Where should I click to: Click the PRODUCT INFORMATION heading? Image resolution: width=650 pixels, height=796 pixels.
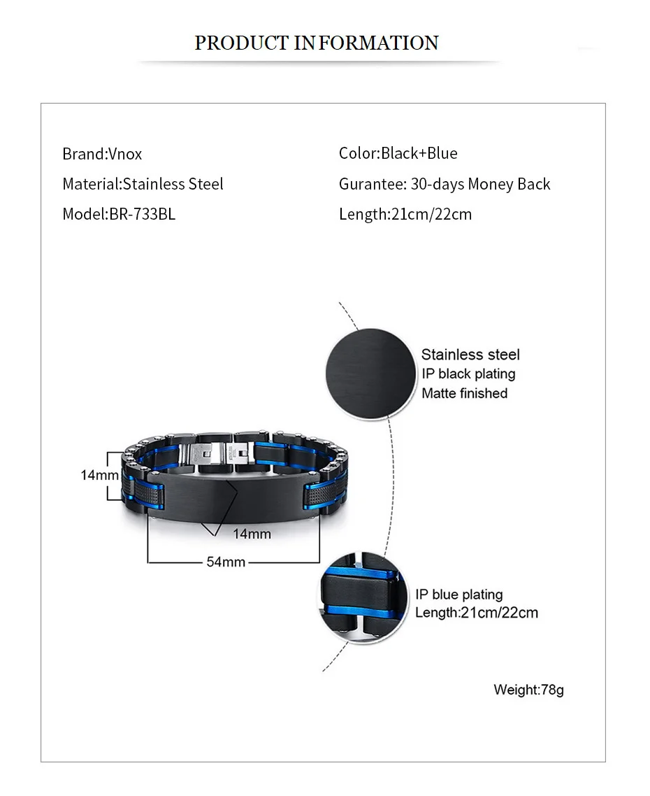click(316, 43)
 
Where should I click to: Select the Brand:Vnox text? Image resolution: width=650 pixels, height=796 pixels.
click(102, 154)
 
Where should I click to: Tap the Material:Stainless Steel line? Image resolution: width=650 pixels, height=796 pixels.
click(143, 184)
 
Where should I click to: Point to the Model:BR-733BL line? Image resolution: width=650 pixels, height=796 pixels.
click(119, 214)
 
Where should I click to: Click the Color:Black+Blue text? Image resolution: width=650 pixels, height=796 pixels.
click(398, 153)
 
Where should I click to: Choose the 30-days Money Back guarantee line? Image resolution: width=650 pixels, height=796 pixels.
click(445, 184)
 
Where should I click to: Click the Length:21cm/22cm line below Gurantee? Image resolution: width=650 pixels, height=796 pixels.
click(405, 214)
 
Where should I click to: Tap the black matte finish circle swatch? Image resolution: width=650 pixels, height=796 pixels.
click(368, 374)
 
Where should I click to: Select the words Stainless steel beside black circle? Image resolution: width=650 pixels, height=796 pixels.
click(470, 355)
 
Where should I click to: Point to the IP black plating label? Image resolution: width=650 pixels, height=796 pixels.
click(468, 374)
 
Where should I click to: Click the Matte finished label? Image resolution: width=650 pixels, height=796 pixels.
click(464, 393)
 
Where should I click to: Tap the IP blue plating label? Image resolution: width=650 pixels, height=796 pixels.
click(459, 595)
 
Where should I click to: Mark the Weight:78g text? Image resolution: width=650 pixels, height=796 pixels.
click(528, 690)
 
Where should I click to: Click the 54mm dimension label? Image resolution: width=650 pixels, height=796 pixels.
click(226, 561)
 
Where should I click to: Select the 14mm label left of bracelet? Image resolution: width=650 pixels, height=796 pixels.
click(99, 475)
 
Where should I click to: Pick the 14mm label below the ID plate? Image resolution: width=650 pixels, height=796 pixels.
click(252, 534)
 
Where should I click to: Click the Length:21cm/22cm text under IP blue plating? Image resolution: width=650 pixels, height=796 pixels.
click(477, 613)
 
